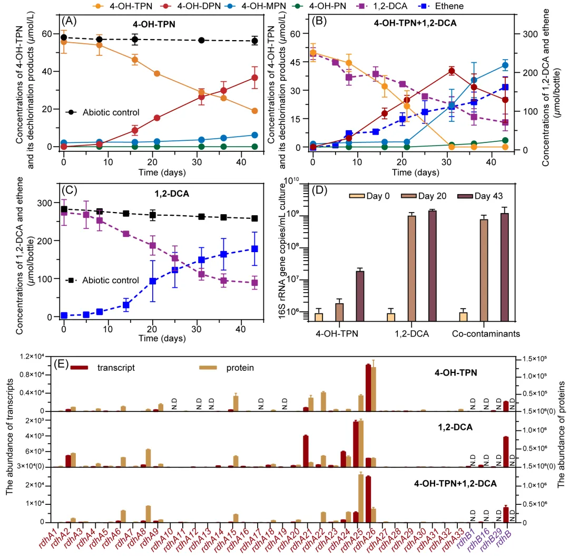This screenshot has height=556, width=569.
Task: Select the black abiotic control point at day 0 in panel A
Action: click(64, 37)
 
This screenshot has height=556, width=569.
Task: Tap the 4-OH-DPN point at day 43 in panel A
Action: click(254, 78)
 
